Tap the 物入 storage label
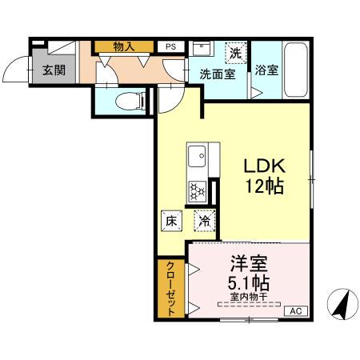(x=124, y=46)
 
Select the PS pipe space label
(x=170, y=46)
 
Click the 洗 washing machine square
(x=235, y=53)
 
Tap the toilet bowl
(x=130, y=99)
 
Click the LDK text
(x=265, y=166)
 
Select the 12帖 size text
(x=265, y=186)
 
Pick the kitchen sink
(x=197, y=154)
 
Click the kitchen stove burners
(x=197, y=191)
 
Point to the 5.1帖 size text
(x=248, y=283)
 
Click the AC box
(x=294, y=311)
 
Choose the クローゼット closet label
(x=170, y=288)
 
